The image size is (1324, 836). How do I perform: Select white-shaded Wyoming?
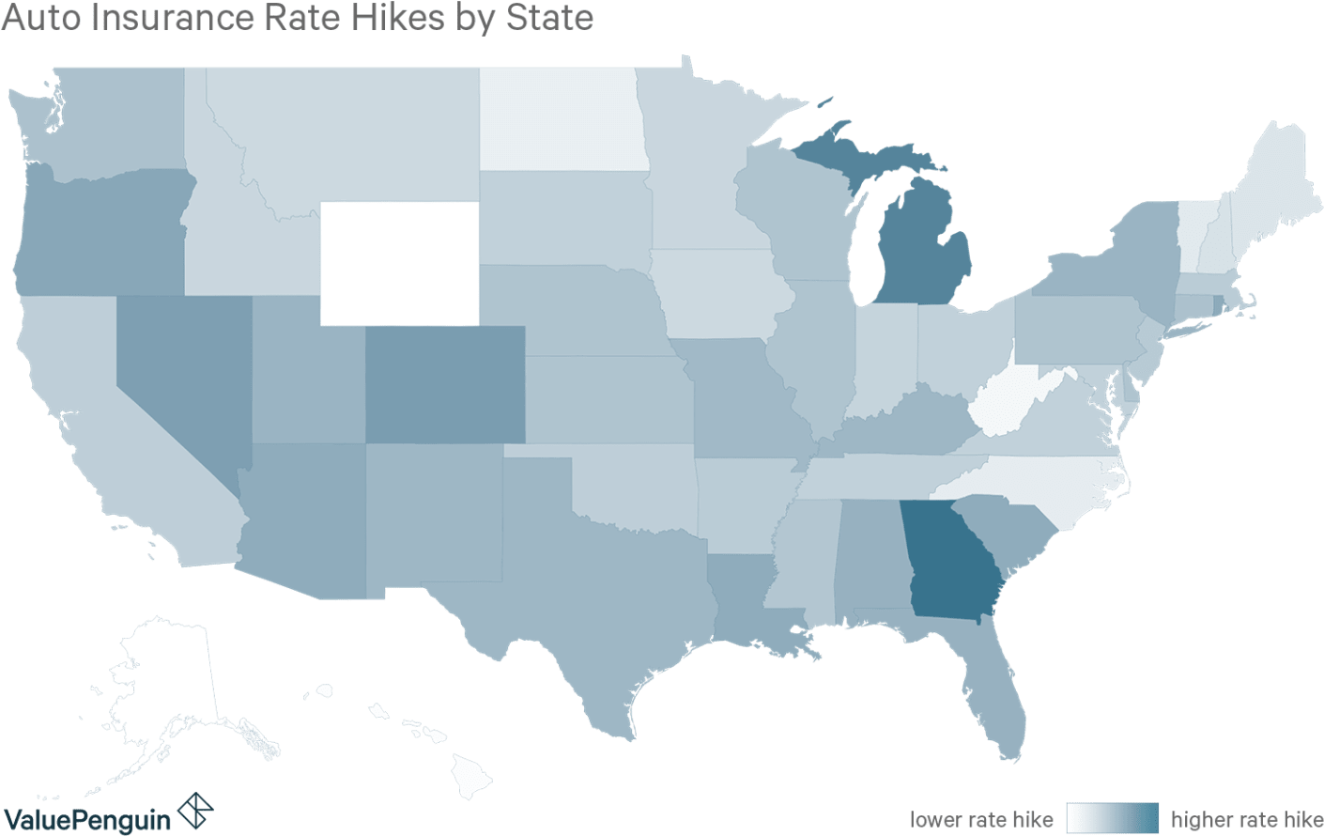pyautogui.click(x=399, y=263)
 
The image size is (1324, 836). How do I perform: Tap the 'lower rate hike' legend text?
pyautogui.click(x=982, y=818)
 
